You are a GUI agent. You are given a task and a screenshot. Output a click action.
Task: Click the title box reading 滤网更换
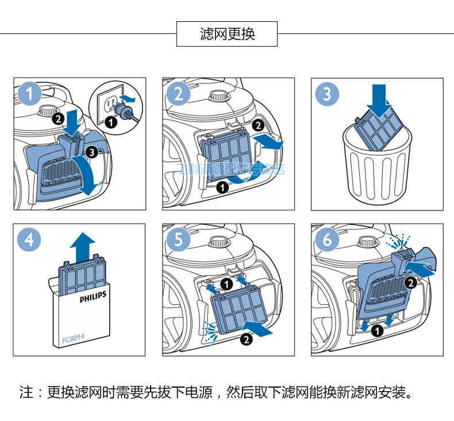tap(227, 34)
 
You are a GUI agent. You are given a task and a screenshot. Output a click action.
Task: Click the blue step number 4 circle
tap(29, 239)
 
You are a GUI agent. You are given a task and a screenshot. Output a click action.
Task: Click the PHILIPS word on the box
tap(93, 300)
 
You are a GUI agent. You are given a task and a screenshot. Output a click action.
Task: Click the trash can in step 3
tap(377, 167)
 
